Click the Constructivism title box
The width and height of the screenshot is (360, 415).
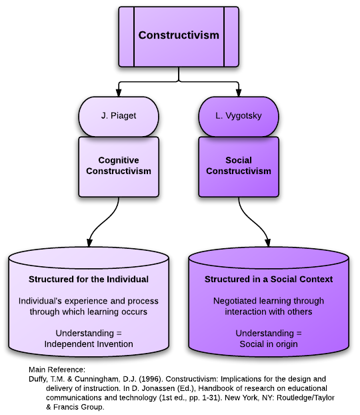(178, 36)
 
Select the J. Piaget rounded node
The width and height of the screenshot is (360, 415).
(119, 116)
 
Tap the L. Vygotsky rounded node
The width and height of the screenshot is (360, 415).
(239, 116)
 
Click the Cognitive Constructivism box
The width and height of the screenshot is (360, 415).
(119, 166)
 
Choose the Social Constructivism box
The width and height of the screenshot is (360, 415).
(239, 166)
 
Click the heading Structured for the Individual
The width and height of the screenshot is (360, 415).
(89, 279)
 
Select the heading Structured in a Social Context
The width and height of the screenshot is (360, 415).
(269, 279)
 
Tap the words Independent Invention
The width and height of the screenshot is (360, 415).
(89, 344)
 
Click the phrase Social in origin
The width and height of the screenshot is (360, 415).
(269, 344)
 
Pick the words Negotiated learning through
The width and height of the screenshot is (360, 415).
(269, 301)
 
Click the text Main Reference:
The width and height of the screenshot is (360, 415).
(57, 370)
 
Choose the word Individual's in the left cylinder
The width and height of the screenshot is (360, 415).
(41, 301)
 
